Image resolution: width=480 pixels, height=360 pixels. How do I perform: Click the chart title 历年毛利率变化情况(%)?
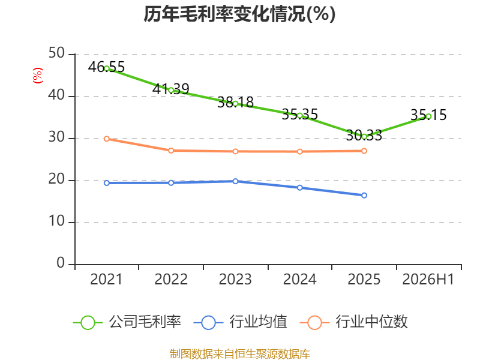coord(239,14)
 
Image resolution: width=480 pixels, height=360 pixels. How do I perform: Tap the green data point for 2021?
coord(107,68)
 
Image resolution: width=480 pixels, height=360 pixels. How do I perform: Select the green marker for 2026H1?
coord(428,116)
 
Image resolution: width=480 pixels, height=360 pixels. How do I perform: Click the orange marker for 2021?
coord(107,139)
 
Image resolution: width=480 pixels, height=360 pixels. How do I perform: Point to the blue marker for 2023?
coord(235,181)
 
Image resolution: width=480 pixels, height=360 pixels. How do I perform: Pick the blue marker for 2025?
coord(364,196)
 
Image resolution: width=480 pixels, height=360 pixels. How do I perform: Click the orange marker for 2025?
coord(364,151)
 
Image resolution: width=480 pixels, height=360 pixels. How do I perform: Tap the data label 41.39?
coord(171,89)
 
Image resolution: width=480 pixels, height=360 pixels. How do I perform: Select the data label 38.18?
coord(235,102)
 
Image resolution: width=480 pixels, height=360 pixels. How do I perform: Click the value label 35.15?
coord(428,115)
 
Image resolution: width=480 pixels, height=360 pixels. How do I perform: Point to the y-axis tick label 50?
coord(56,53)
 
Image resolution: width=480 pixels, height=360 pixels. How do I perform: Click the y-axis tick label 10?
coord(56,221)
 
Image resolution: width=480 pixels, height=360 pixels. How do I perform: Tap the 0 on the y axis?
coord(61,263)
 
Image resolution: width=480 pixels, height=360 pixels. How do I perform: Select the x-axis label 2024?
coord(299,279)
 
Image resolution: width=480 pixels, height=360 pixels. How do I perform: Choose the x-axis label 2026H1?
coord(428,279)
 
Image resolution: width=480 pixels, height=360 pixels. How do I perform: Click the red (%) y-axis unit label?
coord(38,76)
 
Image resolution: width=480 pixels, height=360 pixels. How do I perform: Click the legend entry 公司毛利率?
coord(127,322)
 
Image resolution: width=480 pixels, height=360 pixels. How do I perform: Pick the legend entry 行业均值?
coord(241,322)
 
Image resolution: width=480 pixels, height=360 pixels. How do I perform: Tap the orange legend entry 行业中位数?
coord(353,322)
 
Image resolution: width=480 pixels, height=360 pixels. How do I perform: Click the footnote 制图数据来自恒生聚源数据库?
coord(240,353)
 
